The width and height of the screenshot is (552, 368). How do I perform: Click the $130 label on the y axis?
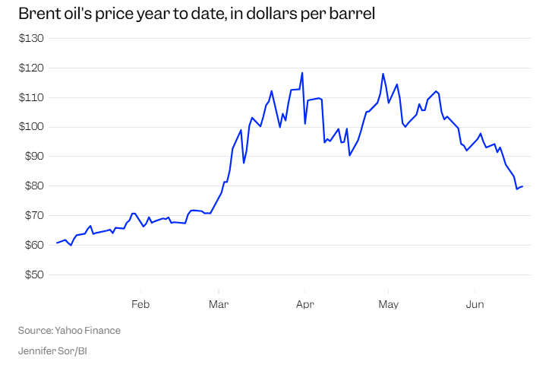pos(31,38)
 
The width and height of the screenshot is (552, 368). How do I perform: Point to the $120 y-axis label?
pos(31,68)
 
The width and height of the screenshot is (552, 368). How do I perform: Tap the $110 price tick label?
pos(31,97)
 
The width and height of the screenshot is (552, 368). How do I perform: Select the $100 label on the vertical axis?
pos(31,126)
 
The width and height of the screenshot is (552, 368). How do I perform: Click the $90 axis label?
pos(34,156)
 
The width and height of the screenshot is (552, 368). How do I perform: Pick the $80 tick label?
pos(34,186)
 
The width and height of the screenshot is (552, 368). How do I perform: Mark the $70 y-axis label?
pos(34,215)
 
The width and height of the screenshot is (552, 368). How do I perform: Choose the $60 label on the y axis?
pos(34,245)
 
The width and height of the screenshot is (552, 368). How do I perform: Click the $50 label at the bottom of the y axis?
pos(34,274)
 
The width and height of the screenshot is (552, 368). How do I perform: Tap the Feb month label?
pos(140,304)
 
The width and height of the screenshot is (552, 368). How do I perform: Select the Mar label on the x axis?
pos(219,304)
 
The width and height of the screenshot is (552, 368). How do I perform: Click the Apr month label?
pos(305,304)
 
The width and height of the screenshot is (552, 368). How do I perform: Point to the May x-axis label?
pos(388,304)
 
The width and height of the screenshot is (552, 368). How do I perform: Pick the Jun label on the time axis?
pos(475,304)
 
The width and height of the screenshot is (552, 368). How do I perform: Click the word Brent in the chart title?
pos(37,14)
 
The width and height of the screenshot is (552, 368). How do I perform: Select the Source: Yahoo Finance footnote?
pos(69,330)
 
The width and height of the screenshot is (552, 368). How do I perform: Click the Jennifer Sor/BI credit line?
pos(52,351)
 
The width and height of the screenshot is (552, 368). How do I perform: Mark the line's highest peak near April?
pos(302,73)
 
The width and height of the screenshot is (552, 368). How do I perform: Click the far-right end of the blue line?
pos(522,186)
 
